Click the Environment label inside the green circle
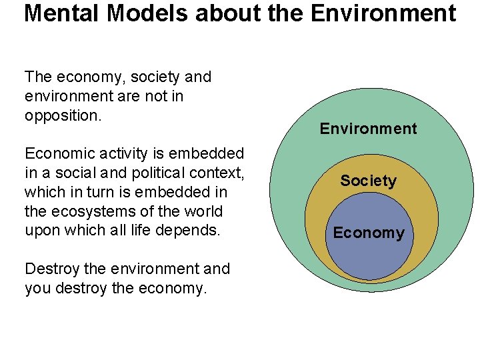pos(368,129)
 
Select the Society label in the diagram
pos(368,181)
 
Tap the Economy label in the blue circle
pos(369,233)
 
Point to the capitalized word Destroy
pos(51,269)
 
